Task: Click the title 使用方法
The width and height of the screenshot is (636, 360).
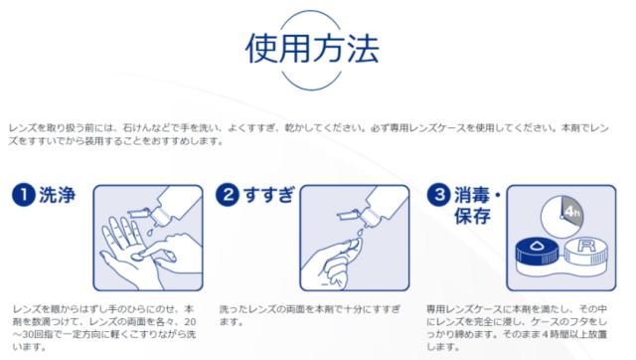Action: (x=312, y=49)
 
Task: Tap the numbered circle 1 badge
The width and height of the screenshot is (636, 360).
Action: (x=23, y=194)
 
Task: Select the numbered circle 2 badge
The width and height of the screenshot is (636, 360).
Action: (x=228, y=194)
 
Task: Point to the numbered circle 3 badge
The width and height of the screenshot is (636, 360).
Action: (x=439, y=194)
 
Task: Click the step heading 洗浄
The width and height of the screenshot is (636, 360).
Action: (x=58, y=195)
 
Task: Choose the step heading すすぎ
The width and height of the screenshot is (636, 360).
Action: (x=269, y=195)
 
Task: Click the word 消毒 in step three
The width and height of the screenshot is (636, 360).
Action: (x=472, y=195)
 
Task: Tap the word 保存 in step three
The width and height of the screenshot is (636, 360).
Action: (x=472, y=216)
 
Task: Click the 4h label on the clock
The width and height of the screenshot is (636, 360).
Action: (x=572, y=212)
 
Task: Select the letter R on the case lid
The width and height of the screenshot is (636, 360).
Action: (x=586, y=246)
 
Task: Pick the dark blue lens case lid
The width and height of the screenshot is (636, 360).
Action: (x=539, y=252)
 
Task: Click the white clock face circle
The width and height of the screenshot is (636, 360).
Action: (x=561, y=217)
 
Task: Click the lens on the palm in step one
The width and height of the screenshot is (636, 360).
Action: (x=139, y=256)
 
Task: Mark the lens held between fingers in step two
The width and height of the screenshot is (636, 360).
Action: (x=353, y=245)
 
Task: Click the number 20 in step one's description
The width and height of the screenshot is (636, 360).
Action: (x=190, y=322)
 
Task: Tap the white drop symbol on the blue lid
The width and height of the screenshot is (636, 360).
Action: (x=538, y=246)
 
